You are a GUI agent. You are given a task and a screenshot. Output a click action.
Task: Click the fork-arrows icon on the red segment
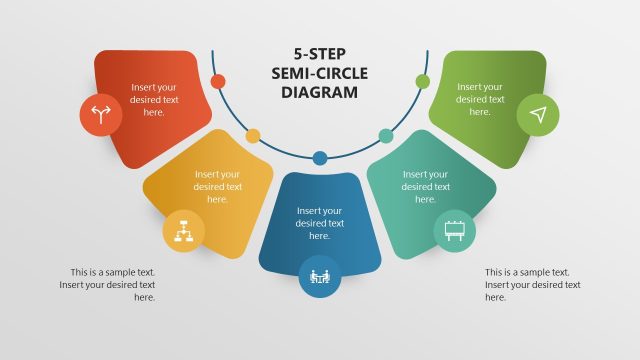click(100, 114)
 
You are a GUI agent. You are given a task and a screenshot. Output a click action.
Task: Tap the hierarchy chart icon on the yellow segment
click(184, 231)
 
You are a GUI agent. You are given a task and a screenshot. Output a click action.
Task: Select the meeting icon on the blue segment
click(320, 276)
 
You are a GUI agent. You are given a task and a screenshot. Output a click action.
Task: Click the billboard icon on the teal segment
click(454, 231)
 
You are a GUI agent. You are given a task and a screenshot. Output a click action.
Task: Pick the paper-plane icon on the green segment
click(538, 115)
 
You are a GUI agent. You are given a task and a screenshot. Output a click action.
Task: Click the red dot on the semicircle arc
click(218, 81)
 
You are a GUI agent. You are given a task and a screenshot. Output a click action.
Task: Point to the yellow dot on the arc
click(253, 135)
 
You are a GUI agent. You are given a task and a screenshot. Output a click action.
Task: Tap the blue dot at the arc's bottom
click(320, 158)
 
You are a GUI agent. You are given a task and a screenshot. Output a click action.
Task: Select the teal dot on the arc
click(386, 135)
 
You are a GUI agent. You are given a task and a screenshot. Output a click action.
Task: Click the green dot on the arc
click(422, 81)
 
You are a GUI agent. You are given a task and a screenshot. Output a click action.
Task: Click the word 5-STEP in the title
click(320, 55)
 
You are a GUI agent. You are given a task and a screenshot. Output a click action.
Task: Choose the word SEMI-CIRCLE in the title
click(320, 74)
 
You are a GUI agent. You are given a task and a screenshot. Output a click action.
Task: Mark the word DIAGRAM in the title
click(320, 93)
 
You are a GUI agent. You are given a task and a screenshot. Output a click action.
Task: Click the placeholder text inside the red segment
click(154, 100)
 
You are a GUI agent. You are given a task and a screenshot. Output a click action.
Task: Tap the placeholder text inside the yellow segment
click(218, 186)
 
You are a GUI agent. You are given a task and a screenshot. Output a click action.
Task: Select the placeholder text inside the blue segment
click(320, 223)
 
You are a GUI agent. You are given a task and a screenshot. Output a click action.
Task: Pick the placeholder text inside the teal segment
click(426, 186)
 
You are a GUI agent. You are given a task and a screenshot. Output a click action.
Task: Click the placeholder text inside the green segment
click(480, 99)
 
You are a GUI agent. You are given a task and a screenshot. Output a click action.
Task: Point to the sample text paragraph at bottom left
click(112, 284)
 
